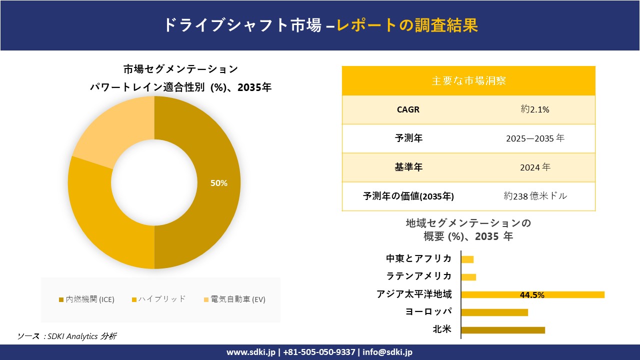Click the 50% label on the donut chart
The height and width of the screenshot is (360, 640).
tap(219, 183)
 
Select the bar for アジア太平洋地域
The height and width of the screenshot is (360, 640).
tap(532, 294)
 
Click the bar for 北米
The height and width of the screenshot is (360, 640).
tap(502, 330)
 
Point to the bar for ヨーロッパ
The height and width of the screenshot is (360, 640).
tap(494, 312)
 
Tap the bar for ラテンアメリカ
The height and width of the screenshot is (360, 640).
tap(468, 277)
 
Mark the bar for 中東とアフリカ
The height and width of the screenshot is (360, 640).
tap(467, 259)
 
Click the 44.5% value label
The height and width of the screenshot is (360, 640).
tap(532, 295)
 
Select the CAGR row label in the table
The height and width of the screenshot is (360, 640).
tap(408, 109)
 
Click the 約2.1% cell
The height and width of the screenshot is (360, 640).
tap(535, 109)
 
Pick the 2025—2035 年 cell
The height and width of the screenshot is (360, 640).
tap(535, 138)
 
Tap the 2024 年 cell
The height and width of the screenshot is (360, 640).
tap(535, 167)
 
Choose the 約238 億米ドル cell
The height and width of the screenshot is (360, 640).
tap(535, 196)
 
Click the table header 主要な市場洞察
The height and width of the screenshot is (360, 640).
tap(468, 80)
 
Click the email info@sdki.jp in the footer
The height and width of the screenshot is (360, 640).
tap(387, 352)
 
